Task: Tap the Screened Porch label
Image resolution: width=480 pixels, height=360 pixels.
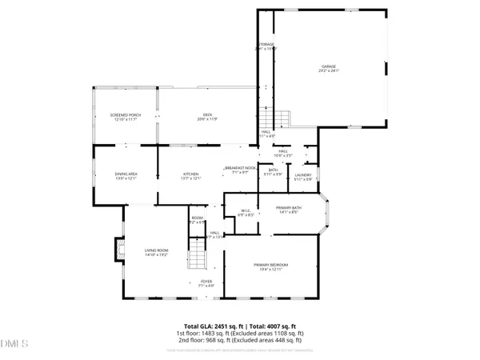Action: click(x=125, y=117)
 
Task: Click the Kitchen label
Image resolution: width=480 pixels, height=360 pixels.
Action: click(x=190, y=175)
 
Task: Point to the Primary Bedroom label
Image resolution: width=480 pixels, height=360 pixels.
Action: click(x=270, y=266)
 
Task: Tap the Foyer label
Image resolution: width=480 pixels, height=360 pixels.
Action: click(x=206, y=283)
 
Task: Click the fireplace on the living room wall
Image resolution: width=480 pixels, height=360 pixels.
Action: click(x=121, y=253)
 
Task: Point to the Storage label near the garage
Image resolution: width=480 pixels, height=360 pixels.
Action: click(x=265, y=46)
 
